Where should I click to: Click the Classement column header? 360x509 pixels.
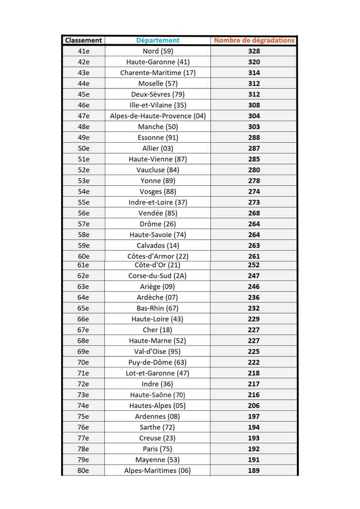coord(84,40)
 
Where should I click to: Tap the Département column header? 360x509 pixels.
coord(158,40)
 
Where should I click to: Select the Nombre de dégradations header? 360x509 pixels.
coord(254,40)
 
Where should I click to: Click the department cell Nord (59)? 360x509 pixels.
coord(158,51)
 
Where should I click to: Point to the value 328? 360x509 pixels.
coord(254,51)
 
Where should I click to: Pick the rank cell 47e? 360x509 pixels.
coord(84,116)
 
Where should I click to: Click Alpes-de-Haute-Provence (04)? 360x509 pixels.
coord(158,116)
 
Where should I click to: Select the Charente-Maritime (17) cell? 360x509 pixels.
coord(158,73)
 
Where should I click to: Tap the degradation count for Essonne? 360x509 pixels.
coord(254,138)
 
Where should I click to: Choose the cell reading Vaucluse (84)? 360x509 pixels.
coord(158,170)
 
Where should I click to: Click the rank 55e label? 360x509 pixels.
coord(84,202)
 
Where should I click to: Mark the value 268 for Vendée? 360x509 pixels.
coord(254,213)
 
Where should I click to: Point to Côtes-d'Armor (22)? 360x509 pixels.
coord(158,256)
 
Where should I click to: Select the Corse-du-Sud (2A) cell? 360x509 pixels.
coord(158,276)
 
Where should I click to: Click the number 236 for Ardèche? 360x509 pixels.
coord(254,297)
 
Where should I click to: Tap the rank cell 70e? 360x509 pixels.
coord(84,362)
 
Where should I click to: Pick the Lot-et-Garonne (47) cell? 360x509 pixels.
coord(158,373)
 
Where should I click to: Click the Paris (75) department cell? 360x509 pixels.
coord(158,449)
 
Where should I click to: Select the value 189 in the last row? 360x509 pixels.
coord(254,471)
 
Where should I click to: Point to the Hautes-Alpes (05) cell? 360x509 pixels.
coord(158,406)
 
